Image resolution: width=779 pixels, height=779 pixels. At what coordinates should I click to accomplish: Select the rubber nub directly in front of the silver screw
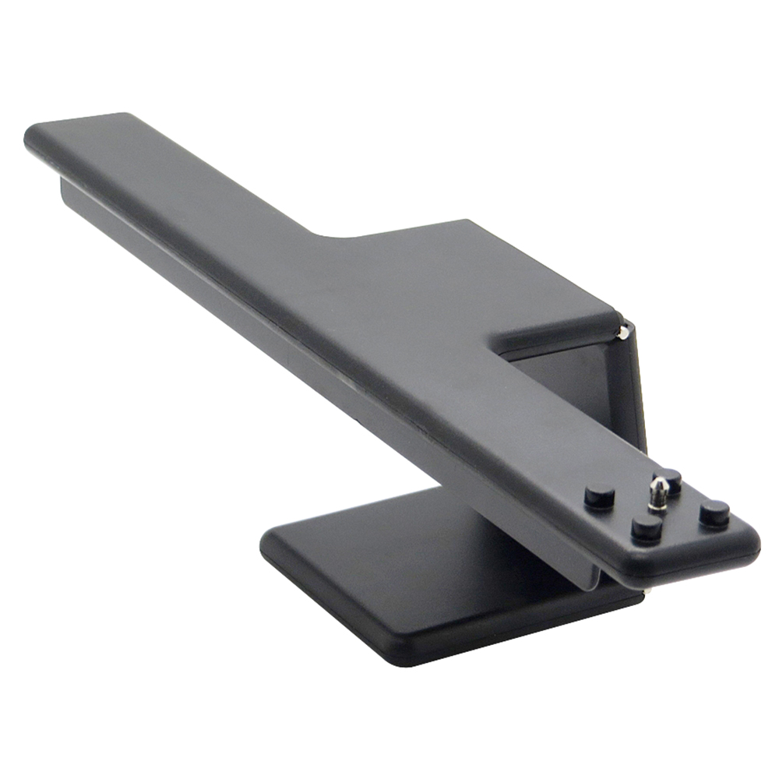point(646,529)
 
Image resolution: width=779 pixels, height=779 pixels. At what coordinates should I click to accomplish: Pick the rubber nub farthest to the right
point(714,513)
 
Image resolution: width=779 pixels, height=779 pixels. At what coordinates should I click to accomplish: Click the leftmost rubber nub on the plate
point(599,495)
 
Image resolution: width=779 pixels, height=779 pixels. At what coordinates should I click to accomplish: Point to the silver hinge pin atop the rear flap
point(622,333)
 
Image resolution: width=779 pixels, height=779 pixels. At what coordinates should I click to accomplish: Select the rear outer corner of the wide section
point(467,222)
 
